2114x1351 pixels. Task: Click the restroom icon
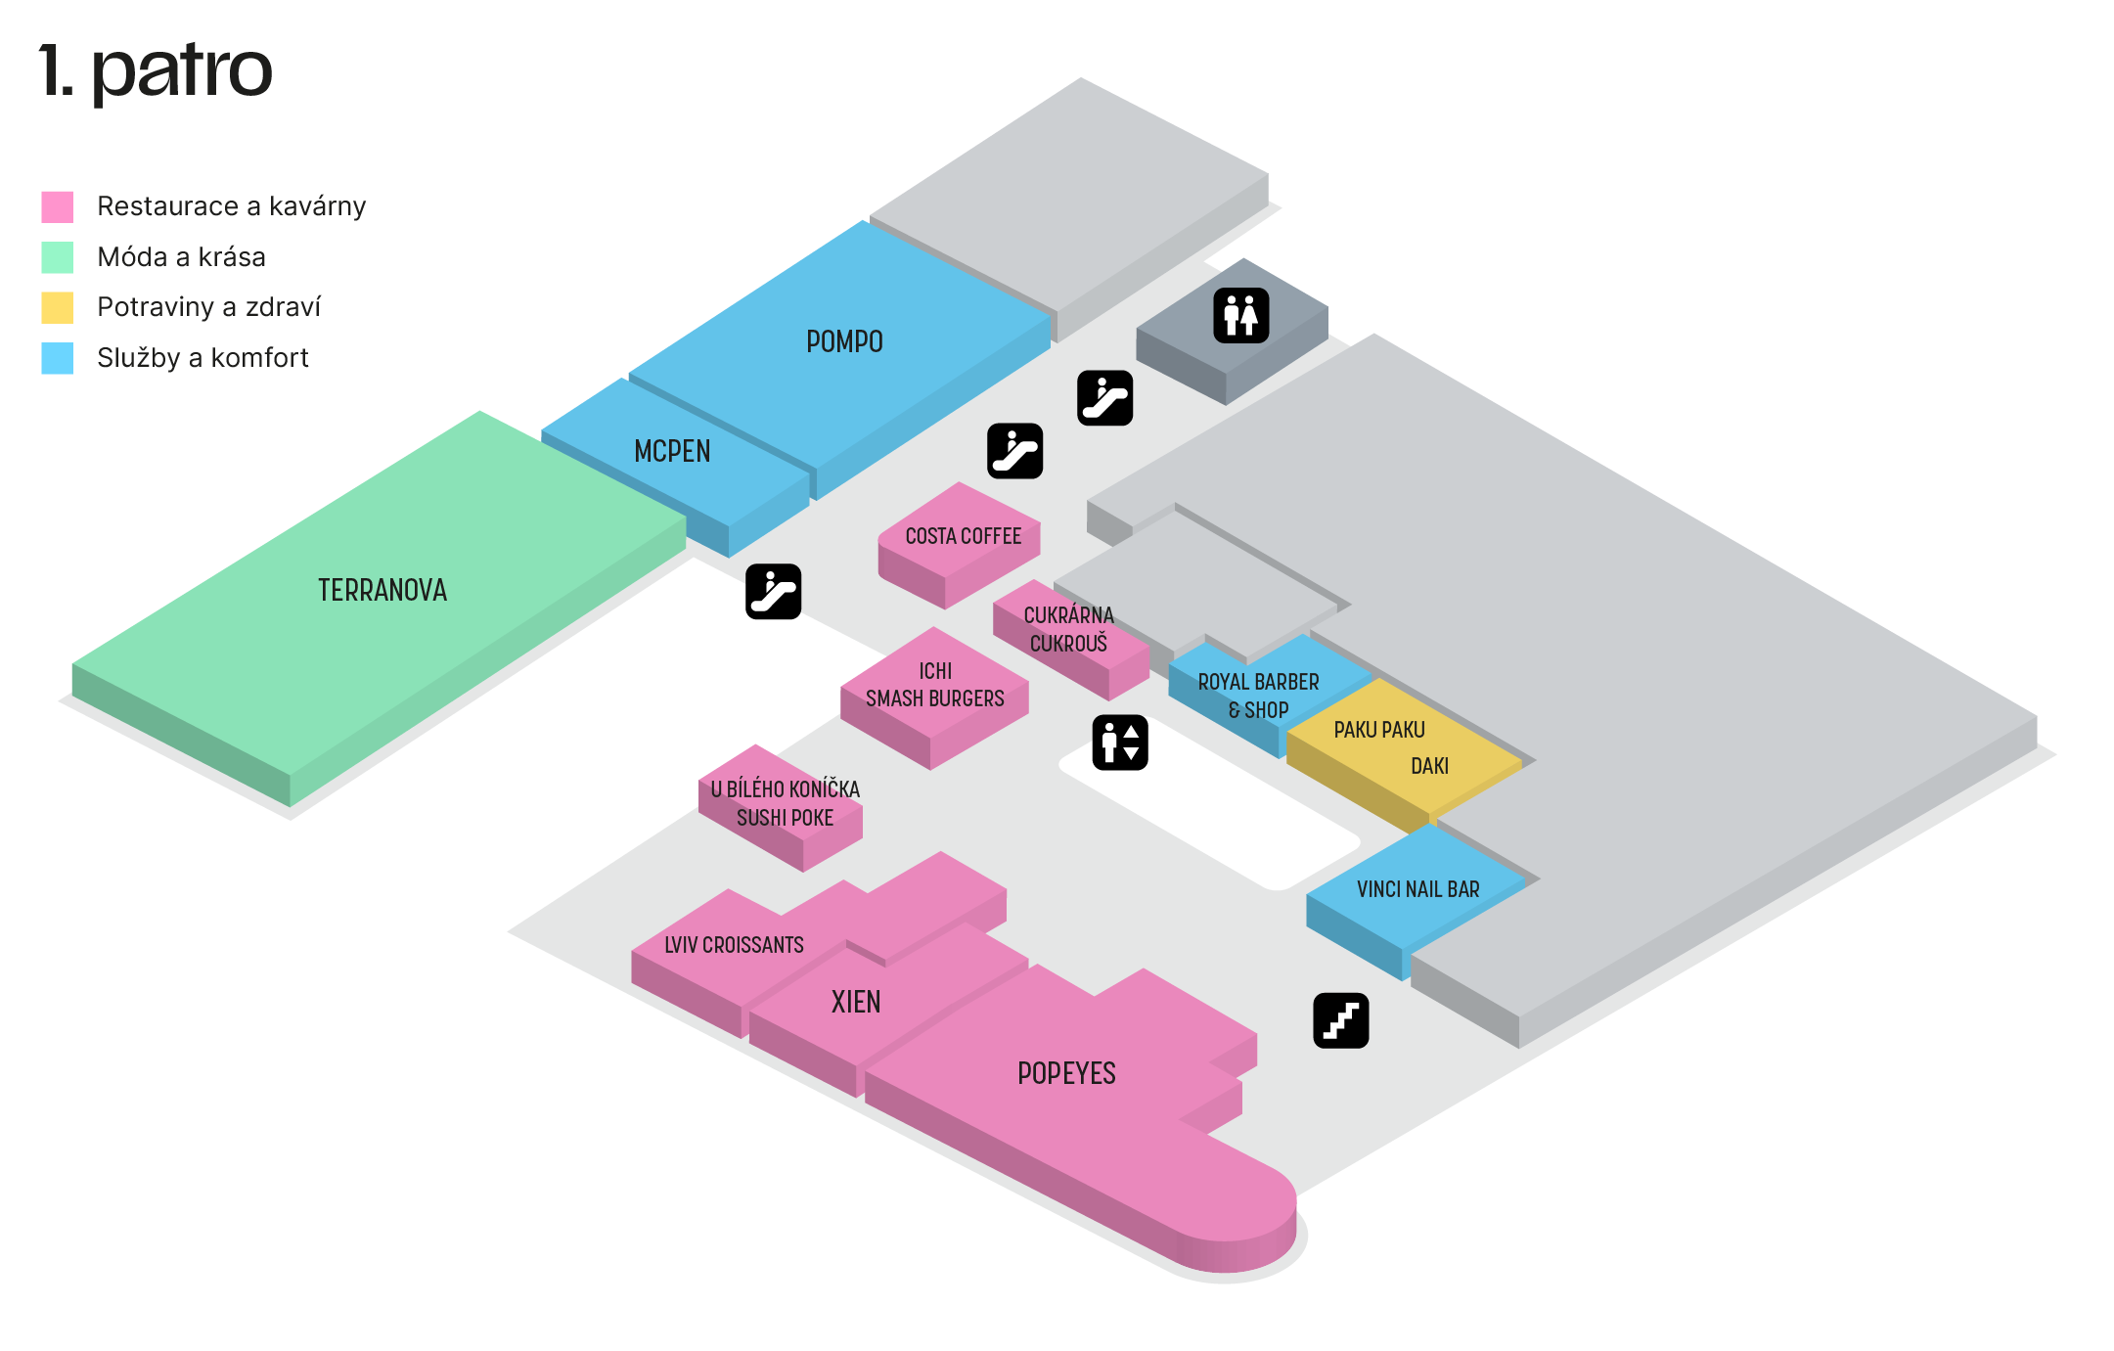(1240, 315)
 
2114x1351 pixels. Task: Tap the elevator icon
(1119, 743)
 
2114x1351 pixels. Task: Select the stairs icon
(1340, 1020)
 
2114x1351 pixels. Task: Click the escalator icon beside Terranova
(773, 592)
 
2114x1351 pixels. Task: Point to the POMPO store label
(844, 341)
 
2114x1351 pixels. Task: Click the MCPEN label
(672, 451)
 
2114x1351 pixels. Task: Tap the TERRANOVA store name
(382, 590)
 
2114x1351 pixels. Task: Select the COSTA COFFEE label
(963, 536)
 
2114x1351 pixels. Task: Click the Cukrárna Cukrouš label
(1068, 629)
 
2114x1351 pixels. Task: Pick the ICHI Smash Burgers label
(934, 685)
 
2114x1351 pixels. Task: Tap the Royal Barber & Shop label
(1258, 696)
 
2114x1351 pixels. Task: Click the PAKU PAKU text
(1379, 730)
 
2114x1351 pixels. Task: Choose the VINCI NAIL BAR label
(1417, 889)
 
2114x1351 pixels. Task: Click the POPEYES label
(1066, 1073)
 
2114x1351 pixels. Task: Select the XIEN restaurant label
(856, 1002)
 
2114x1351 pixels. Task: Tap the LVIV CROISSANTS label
(734, 945)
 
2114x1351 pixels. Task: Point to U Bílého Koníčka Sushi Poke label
(785, 803)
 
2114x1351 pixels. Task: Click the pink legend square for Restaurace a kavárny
(58, 206)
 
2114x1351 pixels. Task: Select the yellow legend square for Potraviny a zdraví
(58, 307)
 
